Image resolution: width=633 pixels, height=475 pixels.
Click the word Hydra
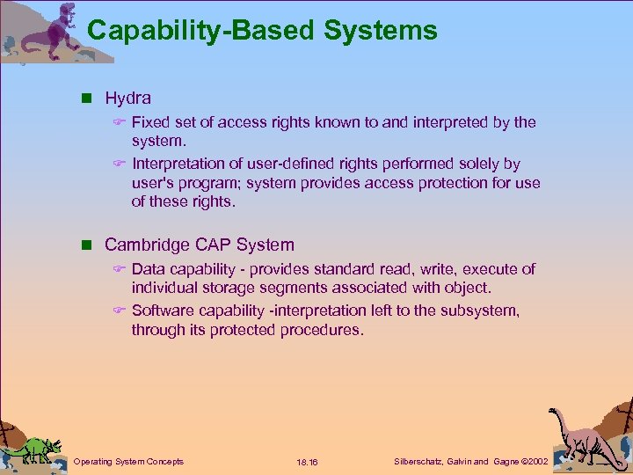click(127, 98)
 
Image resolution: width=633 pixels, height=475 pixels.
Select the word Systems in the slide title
click(380, 31)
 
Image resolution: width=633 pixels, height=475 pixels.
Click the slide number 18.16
click(307, 462)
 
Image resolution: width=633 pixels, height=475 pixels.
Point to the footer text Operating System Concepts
click(128, 461)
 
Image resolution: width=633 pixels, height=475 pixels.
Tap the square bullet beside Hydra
click(92, 99)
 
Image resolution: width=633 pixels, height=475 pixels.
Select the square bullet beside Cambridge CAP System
click(92, 245)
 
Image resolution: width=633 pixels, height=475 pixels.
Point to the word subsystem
click(480, 311)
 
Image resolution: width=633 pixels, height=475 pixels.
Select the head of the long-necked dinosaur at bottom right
click(556, 413)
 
